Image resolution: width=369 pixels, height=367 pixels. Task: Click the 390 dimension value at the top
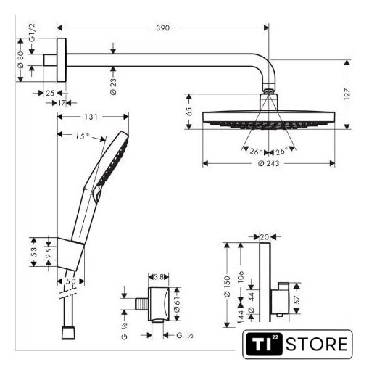162,28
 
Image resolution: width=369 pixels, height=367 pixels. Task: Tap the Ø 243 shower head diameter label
268,164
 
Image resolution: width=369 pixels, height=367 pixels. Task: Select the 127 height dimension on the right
347,94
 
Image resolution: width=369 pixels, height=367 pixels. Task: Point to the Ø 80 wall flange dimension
21,59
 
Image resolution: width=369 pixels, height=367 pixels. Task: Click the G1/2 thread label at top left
32,33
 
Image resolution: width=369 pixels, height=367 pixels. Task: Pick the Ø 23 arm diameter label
113,86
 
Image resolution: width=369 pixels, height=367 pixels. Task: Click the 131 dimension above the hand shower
91,117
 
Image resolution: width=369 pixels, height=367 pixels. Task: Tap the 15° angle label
82,136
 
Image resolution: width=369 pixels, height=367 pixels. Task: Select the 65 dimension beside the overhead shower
189,112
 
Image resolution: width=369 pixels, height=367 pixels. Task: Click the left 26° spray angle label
256,152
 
